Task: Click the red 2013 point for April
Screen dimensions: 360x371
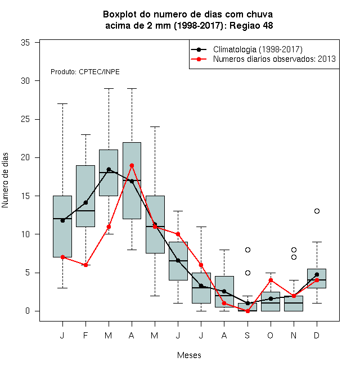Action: [x=132, y=165]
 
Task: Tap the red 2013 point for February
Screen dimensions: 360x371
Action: [x=85, y=265]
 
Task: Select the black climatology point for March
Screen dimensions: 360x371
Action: [x=109, y=169]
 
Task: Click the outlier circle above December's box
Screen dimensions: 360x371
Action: [x=317, y=211]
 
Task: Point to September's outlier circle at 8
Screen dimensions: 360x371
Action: [x=247, y=250]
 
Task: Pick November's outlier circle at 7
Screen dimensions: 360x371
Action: [x=294, y=257]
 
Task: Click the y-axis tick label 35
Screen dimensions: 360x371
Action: [x=25, y=43]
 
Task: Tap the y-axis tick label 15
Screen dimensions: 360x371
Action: [x=25, y=196]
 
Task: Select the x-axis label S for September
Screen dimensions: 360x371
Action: [x=247, y=335]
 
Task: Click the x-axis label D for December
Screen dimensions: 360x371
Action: [x=317, y=335]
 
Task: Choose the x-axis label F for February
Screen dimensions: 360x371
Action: [x=85, y=335]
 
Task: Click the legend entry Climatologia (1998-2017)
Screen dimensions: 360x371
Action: [x=258, y=49]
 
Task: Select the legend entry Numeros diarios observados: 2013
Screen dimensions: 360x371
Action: [x=274, y=59]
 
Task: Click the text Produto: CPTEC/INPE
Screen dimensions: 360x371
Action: [x=85, y=72]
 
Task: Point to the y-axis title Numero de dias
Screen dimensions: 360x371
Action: [x=5, y=180]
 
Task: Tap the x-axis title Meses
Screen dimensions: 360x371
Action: [x=189, y=355]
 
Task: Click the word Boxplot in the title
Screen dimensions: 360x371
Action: [x=120, y=15]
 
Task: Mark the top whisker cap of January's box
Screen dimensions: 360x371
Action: [x=62, y=103]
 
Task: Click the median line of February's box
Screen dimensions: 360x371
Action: [x=85, y=211]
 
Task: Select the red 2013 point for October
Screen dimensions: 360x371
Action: [x=271, y=280]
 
